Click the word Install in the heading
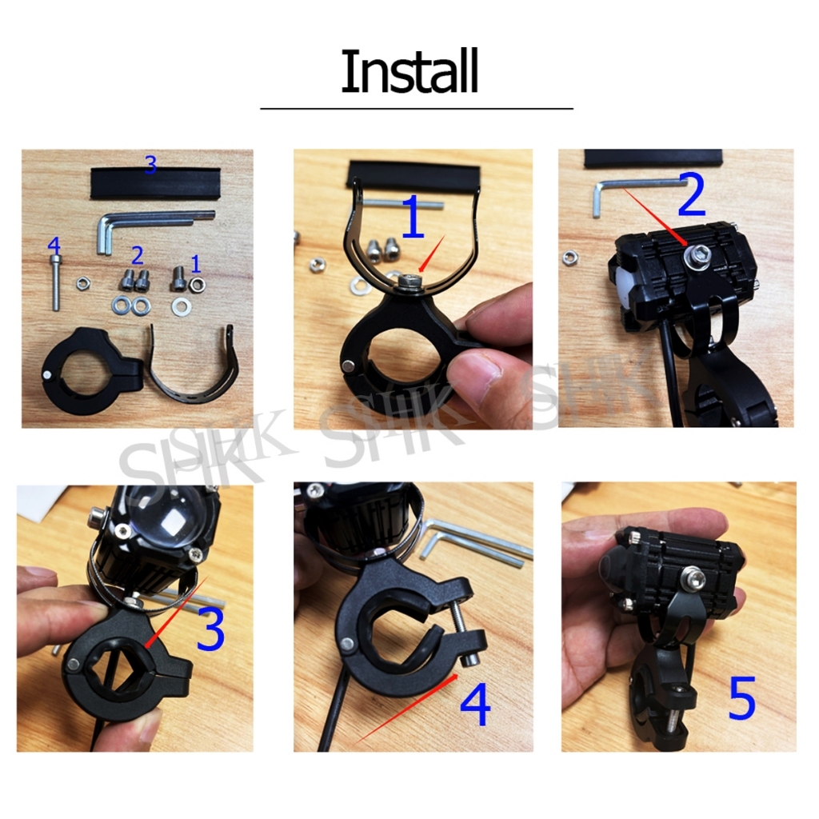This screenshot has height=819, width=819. [409, 71]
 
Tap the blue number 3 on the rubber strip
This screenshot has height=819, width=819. [150, 165]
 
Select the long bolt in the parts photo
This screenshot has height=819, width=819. [55, 282]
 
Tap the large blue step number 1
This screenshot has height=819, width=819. [413, 217]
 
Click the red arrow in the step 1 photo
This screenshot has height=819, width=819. [431, 254]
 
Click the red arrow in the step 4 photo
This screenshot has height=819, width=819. [406, 709]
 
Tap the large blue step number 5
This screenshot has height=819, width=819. [741, 697]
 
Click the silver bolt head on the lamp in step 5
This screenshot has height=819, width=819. [693, 578]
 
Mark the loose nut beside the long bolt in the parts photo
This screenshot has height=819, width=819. [82, 284]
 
